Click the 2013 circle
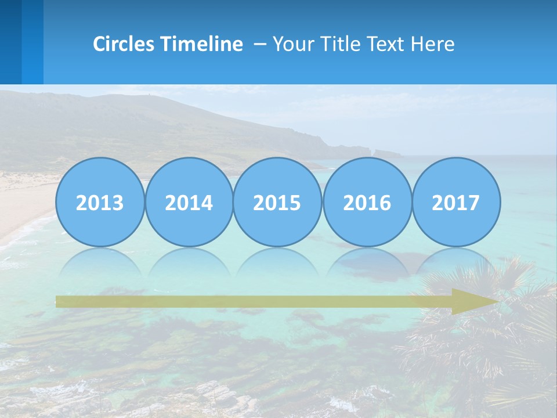click(x=100, y=202)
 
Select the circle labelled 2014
click(x=189, y=202)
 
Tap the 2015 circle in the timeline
click(x=277, y=202)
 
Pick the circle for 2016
click(x=367, y=202)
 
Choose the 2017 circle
click(x=456, y=202)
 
